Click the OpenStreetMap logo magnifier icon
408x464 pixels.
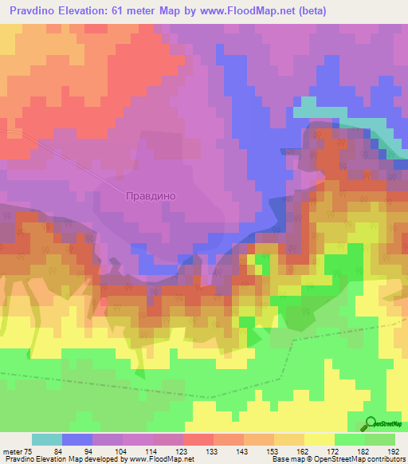click(372, 424)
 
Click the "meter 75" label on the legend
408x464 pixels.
click(16, 450)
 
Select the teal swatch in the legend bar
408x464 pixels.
click(46, 439)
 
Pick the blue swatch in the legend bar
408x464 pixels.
click(76, 439)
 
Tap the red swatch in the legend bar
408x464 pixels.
click(198, 439)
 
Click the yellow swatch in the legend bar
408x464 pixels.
click(320, 439)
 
